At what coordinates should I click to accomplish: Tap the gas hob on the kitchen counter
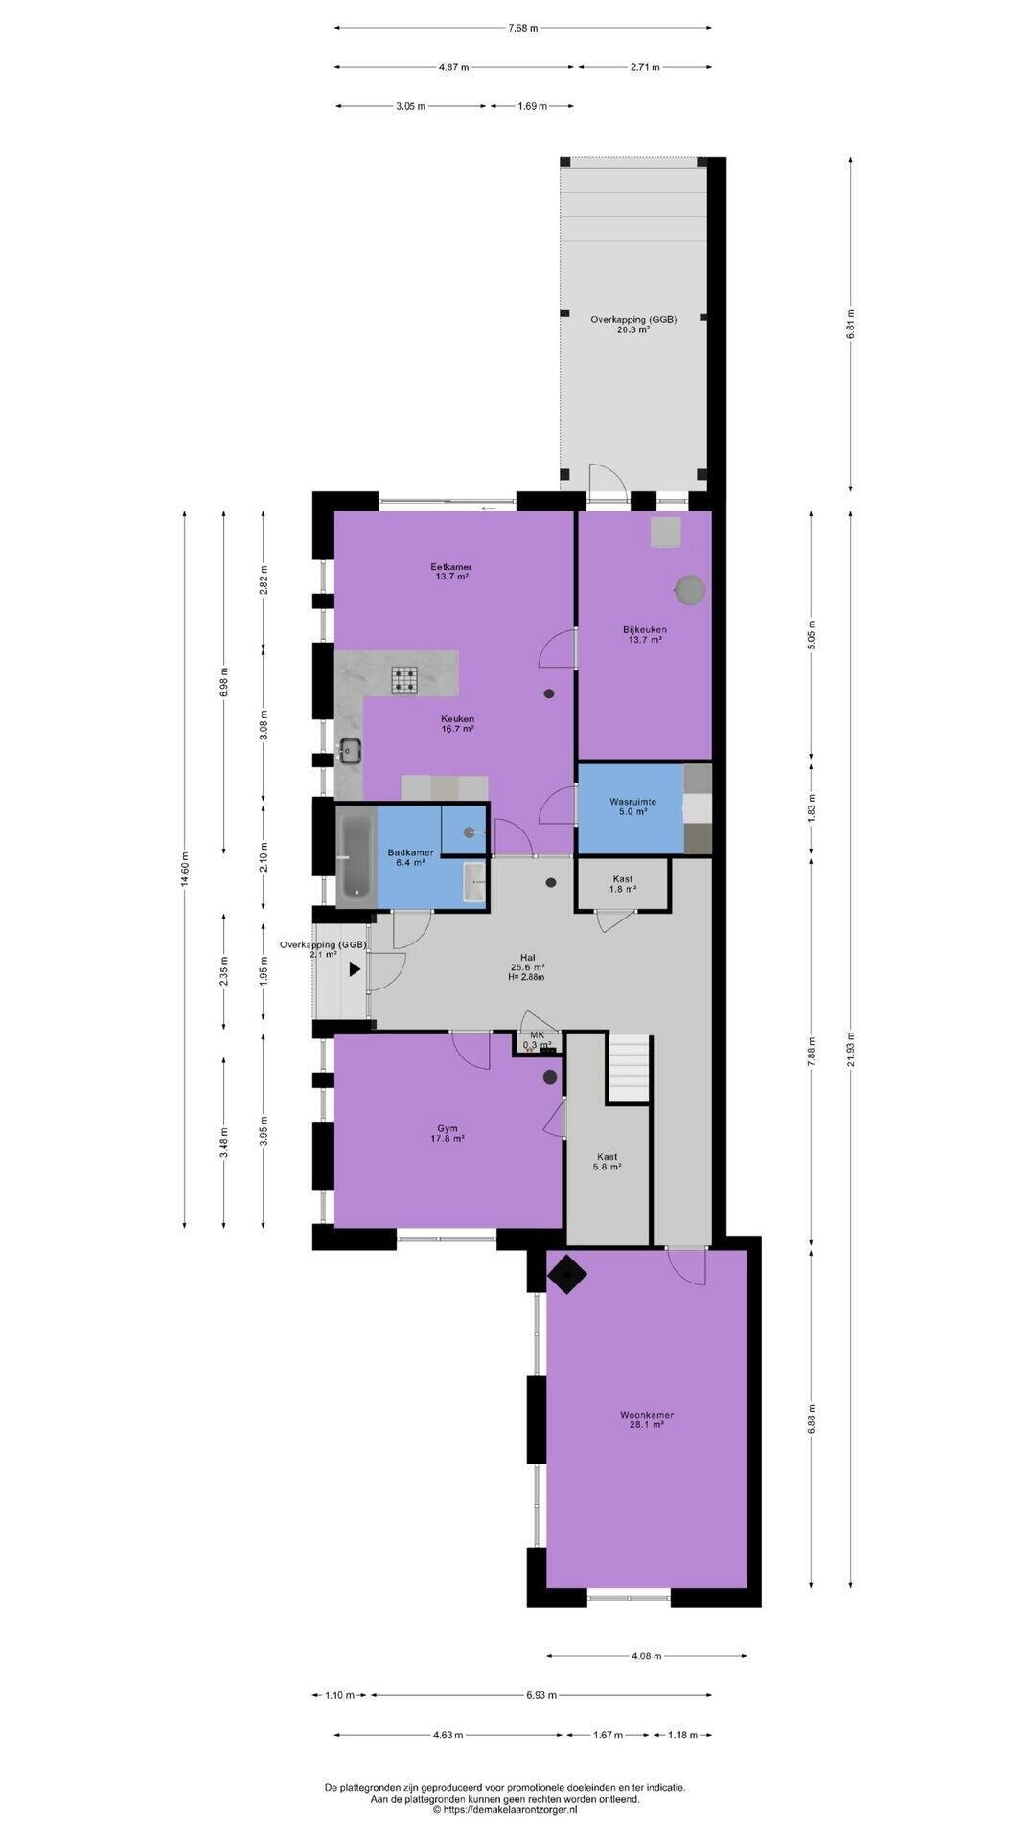coord(404,679)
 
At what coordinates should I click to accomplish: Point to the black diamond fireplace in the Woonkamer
coord(567,1275)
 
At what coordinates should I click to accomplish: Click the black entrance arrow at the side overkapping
coord(355,968)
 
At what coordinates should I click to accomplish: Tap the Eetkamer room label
coord(450,572)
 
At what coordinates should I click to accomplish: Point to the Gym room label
coord(448,1134)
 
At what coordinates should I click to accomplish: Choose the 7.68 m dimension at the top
coord(523,28)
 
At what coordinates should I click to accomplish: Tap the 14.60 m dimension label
coord(185,870)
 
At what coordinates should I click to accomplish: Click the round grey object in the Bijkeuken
coord(689,590)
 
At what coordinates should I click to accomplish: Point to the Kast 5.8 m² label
coord(607,1162)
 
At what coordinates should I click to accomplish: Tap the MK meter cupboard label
coord(538,1035)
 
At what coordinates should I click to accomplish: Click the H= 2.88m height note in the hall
coord(527,977)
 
